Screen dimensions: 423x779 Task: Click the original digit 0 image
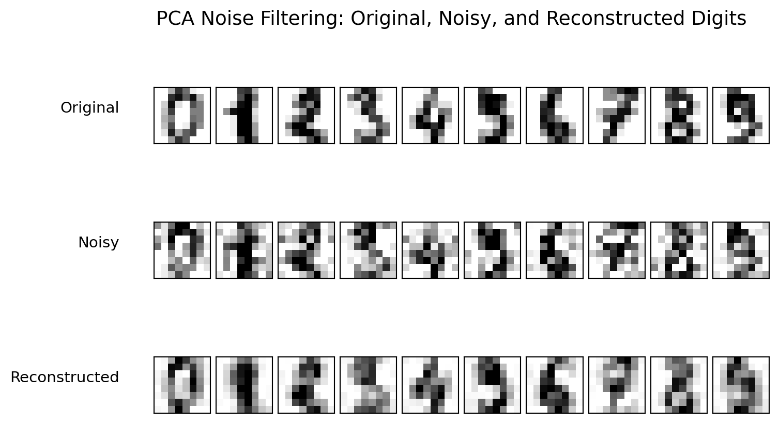182,115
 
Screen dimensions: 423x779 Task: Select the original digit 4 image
430,115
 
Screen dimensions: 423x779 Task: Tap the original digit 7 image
617,115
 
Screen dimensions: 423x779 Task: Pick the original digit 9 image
741,115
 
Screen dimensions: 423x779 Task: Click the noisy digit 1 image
244,250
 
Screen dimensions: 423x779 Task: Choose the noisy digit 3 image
368,250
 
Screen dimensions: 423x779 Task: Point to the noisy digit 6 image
555,250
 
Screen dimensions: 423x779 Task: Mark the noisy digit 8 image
679,250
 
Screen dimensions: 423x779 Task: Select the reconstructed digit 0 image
182,385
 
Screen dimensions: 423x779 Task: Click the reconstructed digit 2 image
306,385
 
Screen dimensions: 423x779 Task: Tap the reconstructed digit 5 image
492,385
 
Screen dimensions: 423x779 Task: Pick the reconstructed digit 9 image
741,385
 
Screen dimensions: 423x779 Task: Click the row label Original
89,108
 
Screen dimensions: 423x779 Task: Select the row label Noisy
98,243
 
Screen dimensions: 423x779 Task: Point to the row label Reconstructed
65,378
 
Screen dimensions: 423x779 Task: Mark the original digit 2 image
306,115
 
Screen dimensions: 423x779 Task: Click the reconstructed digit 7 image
617,385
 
